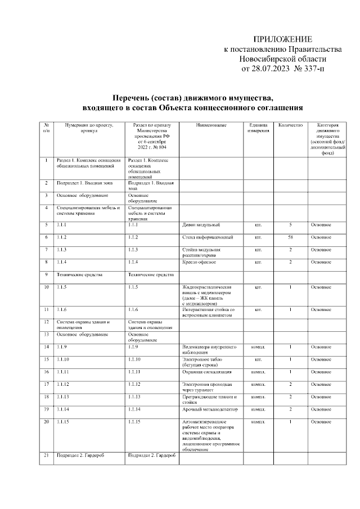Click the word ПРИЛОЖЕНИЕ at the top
pos(282,39)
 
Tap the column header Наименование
pos(211,125)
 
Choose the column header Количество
pos(290,125)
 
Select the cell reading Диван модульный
pos(201,225)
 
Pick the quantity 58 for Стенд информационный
pos(290,237)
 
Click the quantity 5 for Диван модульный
pos(290,225)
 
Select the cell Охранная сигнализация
pos(207,372)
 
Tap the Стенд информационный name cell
pos(207,237)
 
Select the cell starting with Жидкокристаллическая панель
pos(210,295)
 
